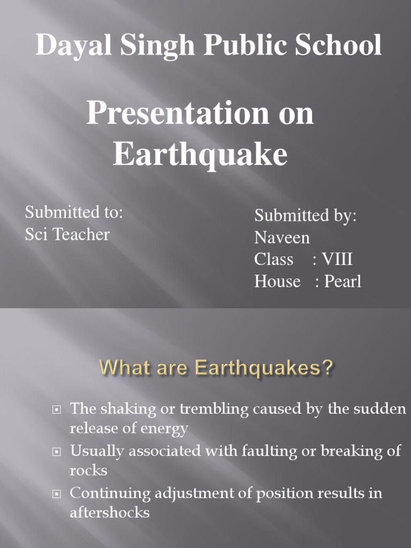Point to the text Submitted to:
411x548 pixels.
pyautogui.click(x=74, y=212)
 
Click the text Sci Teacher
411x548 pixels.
pyautogui.click(x=67, y=234)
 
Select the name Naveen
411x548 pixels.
pyautogui.click(x=282, y=237)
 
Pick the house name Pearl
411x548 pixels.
pyautogui.click(x=342, y=281)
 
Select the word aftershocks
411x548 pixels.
pyautogui.click(x=109, y=512)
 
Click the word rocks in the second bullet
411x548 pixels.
pyautogui.click(x=88, y=470)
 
